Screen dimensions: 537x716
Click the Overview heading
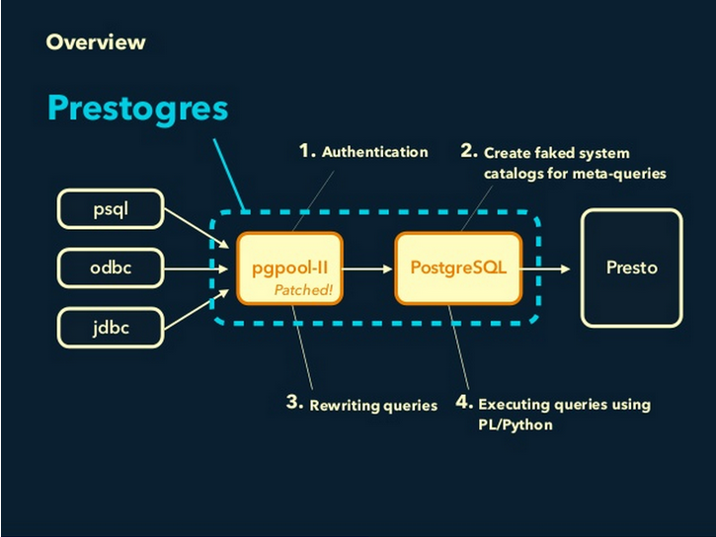click(x=95, y=42)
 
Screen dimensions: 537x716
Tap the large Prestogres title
click(x=137, y=108)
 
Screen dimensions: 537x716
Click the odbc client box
click(x=111, y=268)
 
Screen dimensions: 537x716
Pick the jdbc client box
click(x=111, y=327)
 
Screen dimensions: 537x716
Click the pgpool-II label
click(x=288, y=268)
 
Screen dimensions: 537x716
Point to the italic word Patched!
click(x=304, y=289)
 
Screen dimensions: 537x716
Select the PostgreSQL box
click(x=458, y=268)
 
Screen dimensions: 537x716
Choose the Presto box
click(x=631, y=268)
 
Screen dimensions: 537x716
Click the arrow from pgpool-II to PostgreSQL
click(x=367, y=268)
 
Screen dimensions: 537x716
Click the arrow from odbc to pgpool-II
click(x=193, y=268)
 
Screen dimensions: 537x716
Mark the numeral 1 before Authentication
click(x=306, y=152)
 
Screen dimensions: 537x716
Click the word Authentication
click(x=374, y=152)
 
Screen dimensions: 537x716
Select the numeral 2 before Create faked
click(x=468, y=152)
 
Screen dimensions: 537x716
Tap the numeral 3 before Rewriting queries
click(x=293, y=403)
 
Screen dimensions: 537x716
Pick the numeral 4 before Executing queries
click(x=464, y=403)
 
